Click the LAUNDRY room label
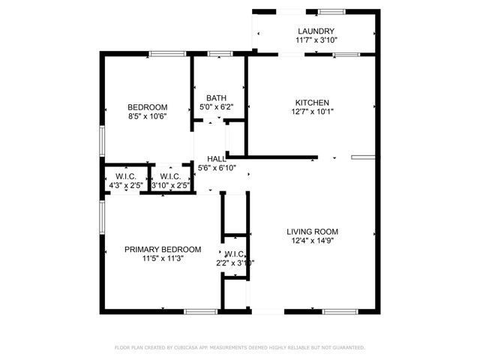pyautogui.click(x=315, y=31)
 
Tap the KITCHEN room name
pyautogui.click(x=312, y=103)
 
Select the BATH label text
pyautogui.click(x=217, y=98)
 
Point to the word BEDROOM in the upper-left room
pyautogui.click(x=147, y=107)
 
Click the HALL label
pyautogui.click(x=217, y=159)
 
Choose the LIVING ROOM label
pyautogui.click(x=313, y=231)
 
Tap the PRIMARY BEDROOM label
pyautogui.click(x=163, y=249)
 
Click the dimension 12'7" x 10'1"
pyautogui.click(x=312, y=112)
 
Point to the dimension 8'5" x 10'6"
pyautogui.click(x=147, y=116)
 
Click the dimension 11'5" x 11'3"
pyautogui.click(x=163, y=258)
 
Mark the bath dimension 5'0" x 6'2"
pyautogui.click(x=217, y=107)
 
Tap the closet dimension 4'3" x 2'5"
pyautogui.click(x=124, y=185)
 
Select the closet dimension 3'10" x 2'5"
pyautogui.click(x=169, y=185)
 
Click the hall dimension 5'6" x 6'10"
pyautogui.click(x=217, y=168)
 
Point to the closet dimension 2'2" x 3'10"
pyautogui.click(x=235, y=263)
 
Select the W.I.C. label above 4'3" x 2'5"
pyautogui.click(x=124, y=177)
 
